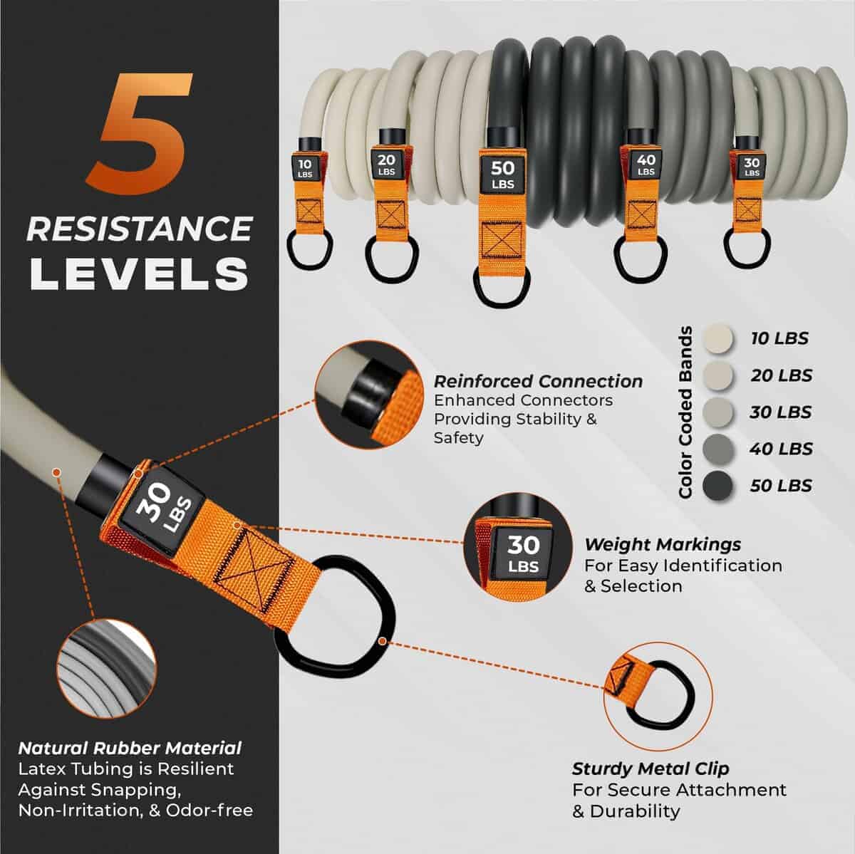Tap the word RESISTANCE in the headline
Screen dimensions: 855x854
(x=140, y=229)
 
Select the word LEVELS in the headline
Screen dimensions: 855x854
(x=140, y=274)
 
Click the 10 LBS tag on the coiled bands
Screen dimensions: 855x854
(x=305, y=167)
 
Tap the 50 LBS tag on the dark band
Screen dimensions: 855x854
(x=503, y=174)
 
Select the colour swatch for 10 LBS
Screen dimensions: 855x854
(x=717, y=338)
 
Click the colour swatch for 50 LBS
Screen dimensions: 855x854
(x=717, y=486)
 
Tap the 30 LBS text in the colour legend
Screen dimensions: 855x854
(x=781, y=412)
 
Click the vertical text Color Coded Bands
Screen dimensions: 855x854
(x=686, y=412)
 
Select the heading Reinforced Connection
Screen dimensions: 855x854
(x=538, y=381)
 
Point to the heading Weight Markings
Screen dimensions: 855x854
(x=663, y=544)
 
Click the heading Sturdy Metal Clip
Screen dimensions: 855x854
(x=651, y=769)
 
